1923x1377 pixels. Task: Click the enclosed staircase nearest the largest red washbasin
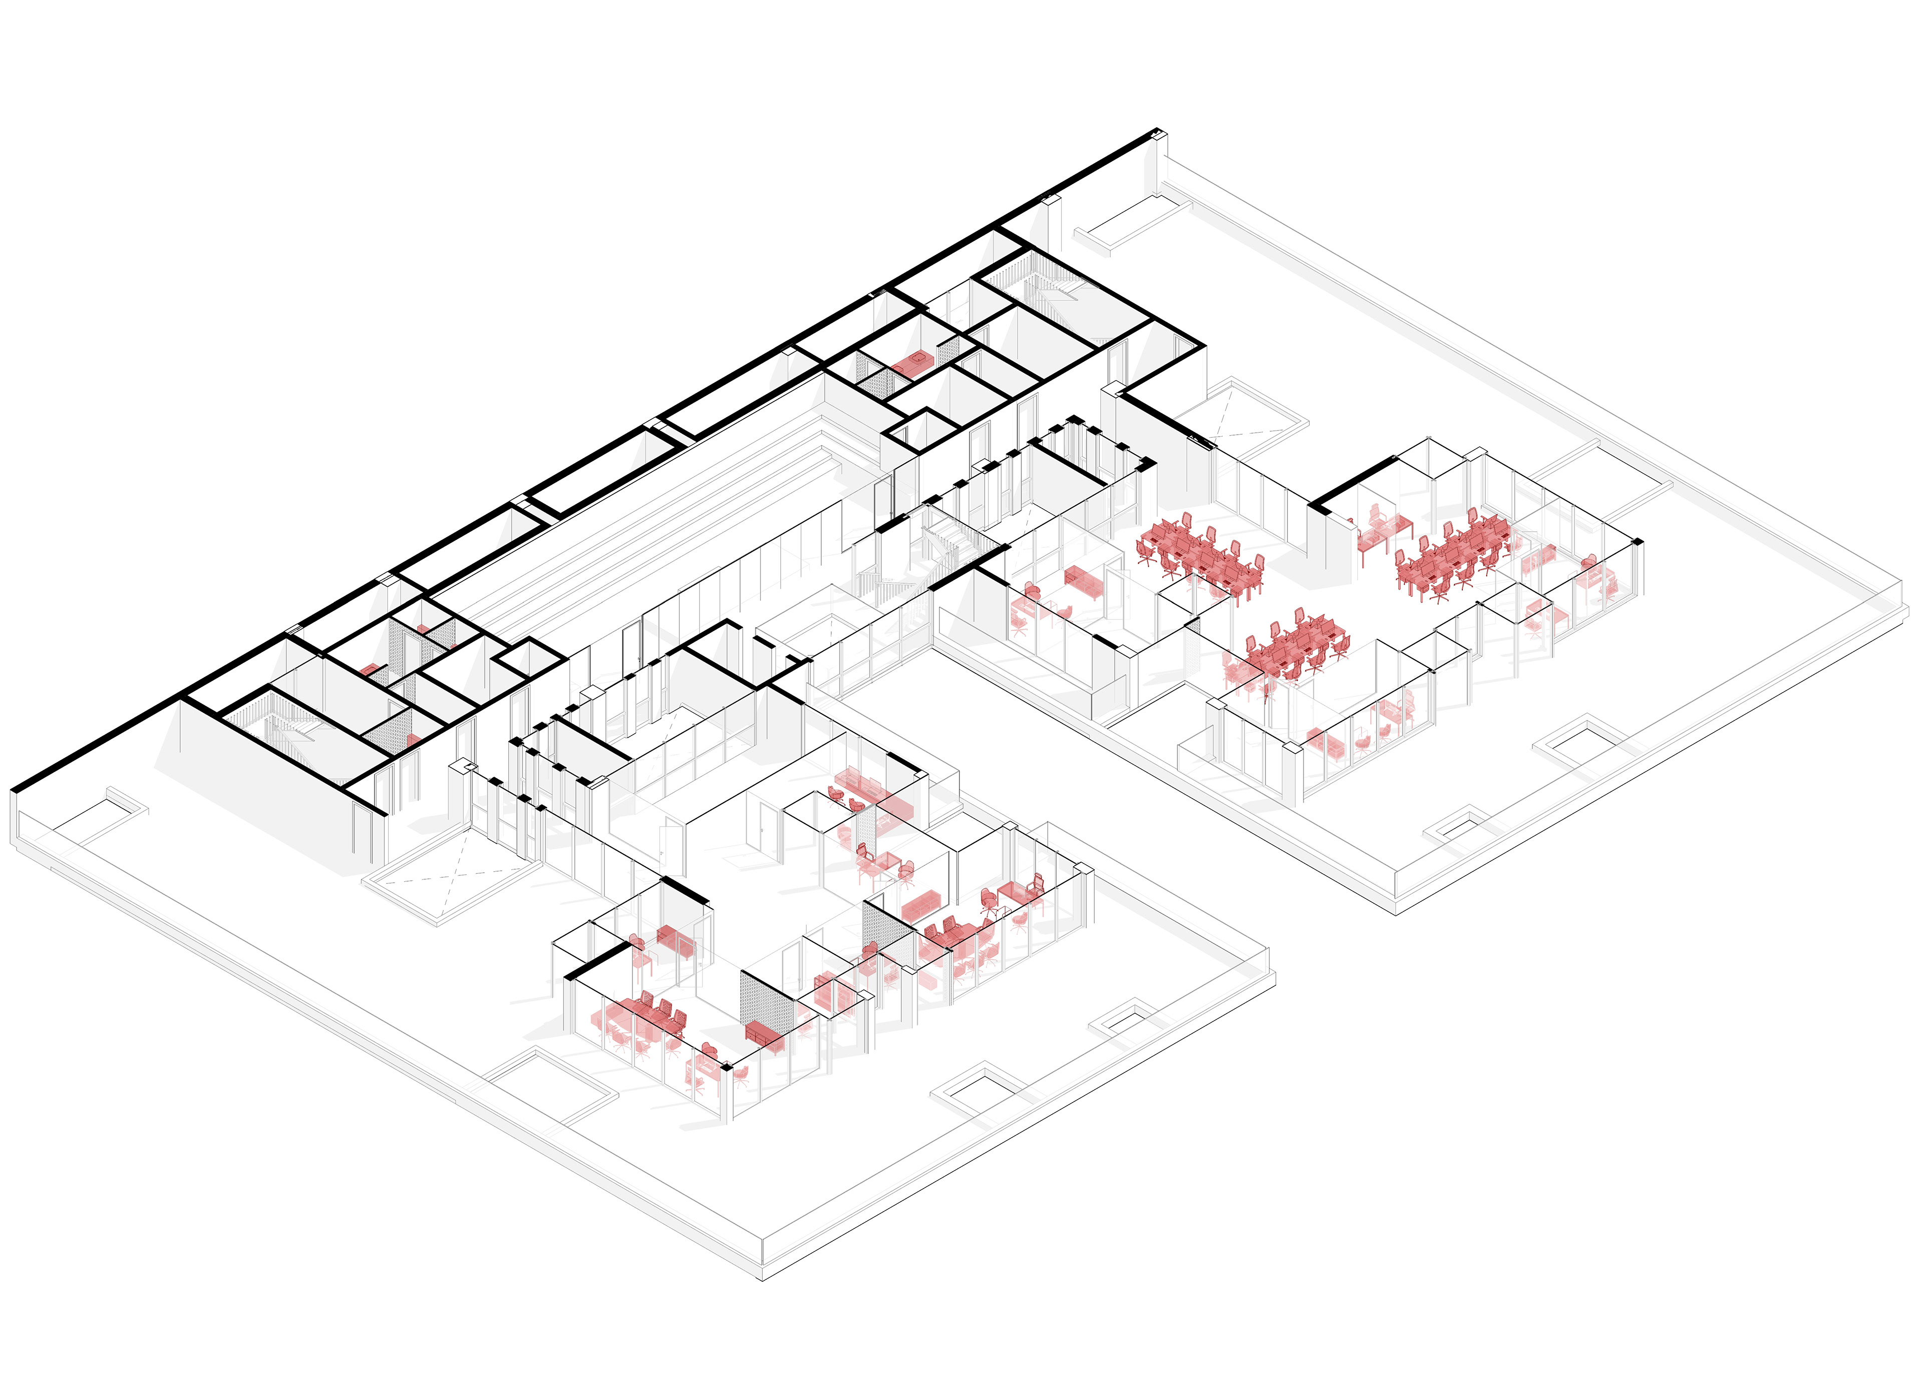click(x=1056, y=292)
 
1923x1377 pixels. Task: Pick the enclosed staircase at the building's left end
click(x=288, y=729)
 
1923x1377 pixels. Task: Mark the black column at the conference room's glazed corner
click(x=726, y=1067)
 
